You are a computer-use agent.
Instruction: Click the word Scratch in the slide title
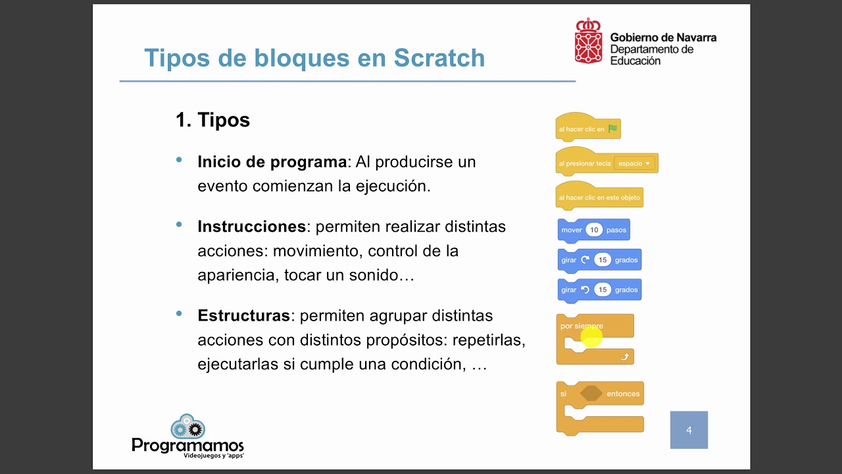tap(439, 58)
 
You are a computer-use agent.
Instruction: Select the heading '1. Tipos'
tap(212, 120)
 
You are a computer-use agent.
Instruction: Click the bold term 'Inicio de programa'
tap(272, 162)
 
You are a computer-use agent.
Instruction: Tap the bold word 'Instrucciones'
tap(251, 226)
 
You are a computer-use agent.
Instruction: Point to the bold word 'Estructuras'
tap(243, 315)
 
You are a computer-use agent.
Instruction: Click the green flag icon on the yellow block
tap(613, 129)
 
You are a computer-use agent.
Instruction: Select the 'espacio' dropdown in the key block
tap(634, 163)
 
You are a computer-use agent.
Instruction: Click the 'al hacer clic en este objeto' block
tap(599, 197)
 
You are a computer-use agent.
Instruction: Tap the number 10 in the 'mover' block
tap(594, 230)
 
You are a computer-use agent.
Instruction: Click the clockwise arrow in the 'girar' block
tap(585, 260)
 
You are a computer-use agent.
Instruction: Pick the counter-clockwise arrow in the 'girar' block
tap(585, 290)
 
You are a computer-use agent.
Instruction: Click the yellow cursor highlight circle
tap(591, 336)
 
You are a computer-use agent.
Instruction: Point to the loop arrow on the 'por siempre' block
tap(625, 357)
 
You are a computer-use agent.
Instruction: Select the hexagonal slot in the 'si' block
tap(591, 393)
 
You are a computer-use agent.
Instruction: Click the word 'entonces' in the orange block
tap(622, 394)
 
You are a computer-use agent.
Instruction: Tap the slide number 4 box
tap(689, 430)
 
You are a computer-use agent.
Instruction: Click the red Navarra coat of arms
tap(588, 41)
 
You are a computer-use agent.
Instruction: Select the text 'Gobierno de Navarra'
tap(663, 38)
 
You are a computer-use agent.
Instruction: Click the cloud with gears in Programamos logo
tap(187, 427)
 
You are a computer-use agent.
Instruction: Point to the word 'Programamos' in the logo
tap(187, 446)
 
